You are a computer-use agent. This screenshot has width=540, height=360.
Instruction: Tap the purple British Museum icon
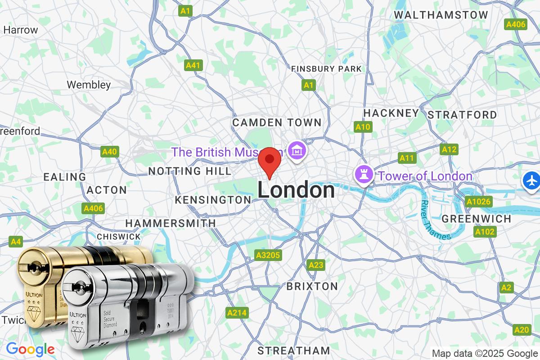coord(297,150)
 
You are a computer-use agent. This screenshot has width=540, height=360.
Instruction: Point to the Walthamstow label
coord(441,15)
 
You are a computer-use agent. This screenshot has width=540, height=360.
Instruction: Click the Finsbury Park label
coord(326,69)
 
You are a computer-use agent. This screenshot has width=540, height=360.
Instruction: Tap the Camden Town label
coord(277,122)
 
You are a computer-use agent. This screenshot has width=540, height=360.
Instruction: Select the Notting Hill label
coord(189,171)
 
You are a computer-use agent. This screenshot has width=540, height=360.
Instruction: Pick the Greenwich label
coord(477,219)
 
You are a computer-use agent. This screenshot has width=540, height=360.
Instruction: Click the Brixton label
coord(312,286)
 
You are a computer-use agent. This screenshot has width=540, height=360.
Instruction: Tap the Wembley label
coord(89,85)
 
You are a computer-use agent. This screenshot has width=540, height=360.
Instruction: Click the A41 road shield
coord(193,65)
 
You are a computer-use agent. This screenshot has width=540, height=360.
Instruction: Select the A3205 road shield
coord(268,255)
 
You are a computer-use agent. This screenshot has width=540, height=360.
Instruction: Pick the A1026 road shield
coord(478,201)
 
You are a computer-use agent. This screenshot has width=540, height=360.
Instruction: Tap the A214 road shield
coord(237,312)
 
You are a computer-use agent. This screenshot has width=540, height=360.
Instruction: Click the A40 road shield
coord(109,152)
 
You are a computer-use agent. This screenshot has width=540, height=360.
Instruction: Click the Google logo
coord(30,349)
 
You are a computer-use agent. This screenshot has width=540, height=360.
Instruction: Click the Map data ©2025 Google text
coord(485,353)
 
